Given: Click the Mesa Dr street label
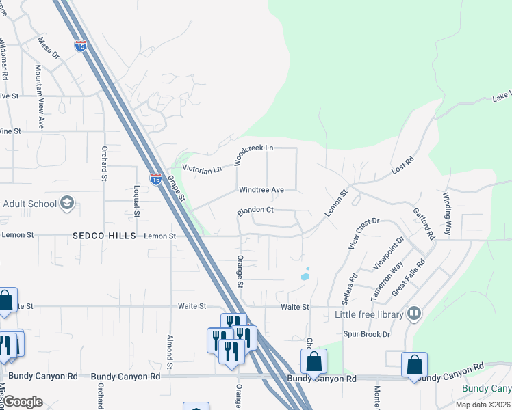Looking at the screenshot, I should point(49,47).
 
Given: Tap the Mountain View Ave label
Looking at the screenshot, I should point(39,98).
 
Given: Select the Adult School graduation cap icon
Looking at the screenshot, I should point(67,203).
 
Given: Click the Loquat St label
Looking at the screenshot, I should point(137,201).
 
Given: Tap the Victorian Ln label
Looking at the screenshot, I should point(202,169).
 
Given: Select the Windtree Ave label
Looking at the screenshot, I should point(261,189).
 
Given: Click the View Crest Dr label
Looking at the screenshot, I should point(363,234).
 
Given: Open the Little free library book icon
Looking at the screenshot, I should point(413,314).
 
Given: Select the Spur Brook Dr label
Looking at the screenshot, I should point(366,335).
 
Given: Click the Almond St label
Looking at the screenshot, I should point(169,348).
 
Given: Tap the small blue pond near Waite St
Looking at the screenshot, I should point(304,276).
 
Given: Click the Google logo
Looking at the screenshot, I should point(23,401).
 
